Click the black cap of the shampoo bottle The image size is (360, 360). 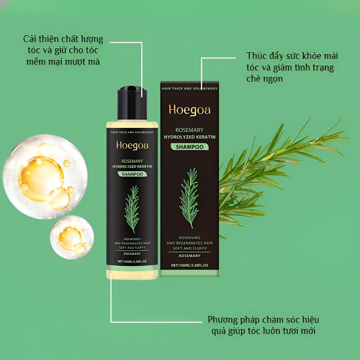tap(132, 103)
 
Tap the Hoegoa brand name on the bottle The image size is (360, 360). tap(132, 145)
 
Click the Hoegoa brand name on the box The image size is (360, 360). tap(189, 110)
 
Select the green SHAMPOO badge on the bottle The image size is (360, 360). tap(132, 174)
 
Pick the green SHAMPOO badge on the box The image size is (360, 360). tap(189, 147)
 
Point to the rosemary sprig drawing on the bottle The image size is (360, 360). tap(132, 209)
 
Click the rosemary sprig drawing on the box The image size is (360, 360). tap(189, 198)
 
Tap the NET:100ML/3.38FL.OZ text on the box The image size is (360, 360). tap(189, 265)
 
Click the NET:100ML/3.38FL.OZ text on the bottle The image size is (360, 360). tap(132, 261)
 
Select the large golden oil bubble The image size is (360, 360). tap(45, 176)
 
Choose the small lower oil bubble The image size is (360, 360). tap(72, 238)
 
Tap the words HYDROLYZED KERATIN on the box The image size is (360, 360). tap(189, 137)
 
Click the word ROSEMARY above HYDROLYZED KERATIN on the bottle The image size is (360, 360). tap(132, 161)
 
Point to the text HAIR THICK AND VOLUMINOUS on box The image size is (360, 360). tap(189, 88)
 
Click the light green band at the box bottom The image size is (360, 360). tap(189, 273)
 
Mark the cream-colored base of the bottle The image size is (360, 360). tap(132, 275)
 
